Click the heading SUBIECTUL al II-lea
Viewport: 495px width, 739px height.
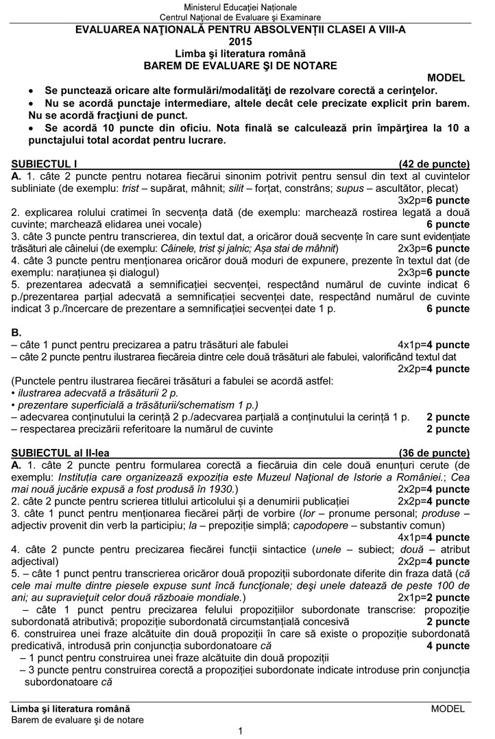click(60, 453)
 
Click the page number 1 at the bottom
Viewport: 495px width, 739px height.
click(240, 731)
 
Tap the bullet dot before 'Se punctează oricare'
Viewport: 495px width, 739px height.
click(29, 90)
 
